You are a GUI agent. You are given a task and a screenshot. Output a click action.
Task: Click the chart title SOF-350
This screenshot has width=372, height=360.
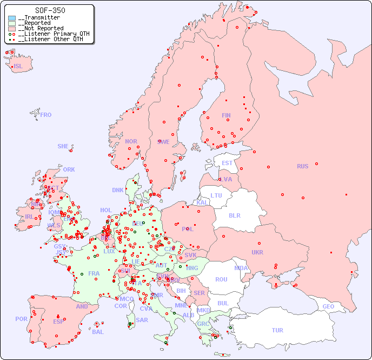pyautogui.click(x=50, y=10)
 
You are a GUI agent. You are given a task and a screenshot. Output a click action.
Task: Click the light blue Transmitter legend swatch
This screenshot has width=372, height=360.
pyautogui.click(x=12, y=18)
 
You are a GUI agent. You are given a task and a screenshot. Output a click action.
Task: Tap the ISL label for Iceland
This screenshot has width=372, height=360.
pyautogui.click(x=18, y=67)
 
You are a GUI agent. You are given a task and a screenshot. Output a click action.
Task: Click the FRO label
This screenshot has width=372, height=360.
pyautogui.click(x=46, y=115)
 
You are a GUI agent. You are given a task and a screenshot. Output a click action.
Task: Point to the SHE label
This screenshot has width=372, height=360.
pyautogui.click(x=63, y=146)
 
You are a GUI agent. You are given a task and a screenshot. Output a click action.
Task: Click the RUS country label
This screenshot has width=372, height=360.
pyautogui.click(x=302, y=166)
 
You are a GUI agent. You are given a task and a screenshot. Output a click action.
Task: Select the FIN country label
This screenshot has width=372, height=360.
pyautogui.click(x=226, y=115)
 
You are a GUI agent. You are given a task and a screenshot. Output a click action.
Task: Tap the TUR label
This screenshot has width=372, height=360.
pyautogui.click(x=277, y=330)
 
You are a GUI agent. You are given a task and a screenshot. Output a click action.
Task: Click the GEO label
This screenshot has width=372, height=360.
pyautogui.click(x=328, y=306)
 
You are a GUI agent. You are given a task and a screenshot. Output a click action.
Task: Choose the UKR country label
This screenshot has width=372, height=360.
pyautogui.click(x=257, y=252)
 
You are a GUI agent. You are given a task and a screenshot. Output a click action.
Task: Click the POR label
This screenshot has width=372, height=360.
pyautogui.click(x=21, y=319)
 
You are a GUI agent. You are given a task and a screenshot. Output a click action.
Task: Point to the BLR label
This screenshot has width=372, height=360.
pyautogui.click(x=234, y=215)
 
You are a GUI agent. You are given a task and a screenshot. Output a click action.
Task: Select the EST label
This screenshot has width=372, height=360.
pyautogui.click(x=227, y=163)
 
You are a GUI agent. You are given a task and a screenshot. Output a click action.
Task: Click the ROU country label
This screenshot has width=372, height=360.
pyautogui.click(x=221, y=279)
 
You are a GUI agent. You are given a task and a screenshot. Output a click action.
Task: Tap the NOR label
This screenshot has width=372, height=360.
pyautogui.click(x=131, y=141)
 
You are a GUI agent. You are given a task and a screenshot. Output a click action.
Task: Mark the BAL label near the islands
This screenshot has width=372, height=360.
pyautogui.click(x=98, y=332)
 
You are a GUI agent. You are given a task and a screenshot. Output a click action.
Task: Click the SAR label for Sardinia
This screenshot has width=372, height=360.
pyautogui.click(x=142, y=320)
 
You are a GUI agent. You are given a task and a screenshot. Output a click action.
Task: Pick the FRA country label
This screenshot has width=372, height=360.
pyautogui.click(x=94, y=273)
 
